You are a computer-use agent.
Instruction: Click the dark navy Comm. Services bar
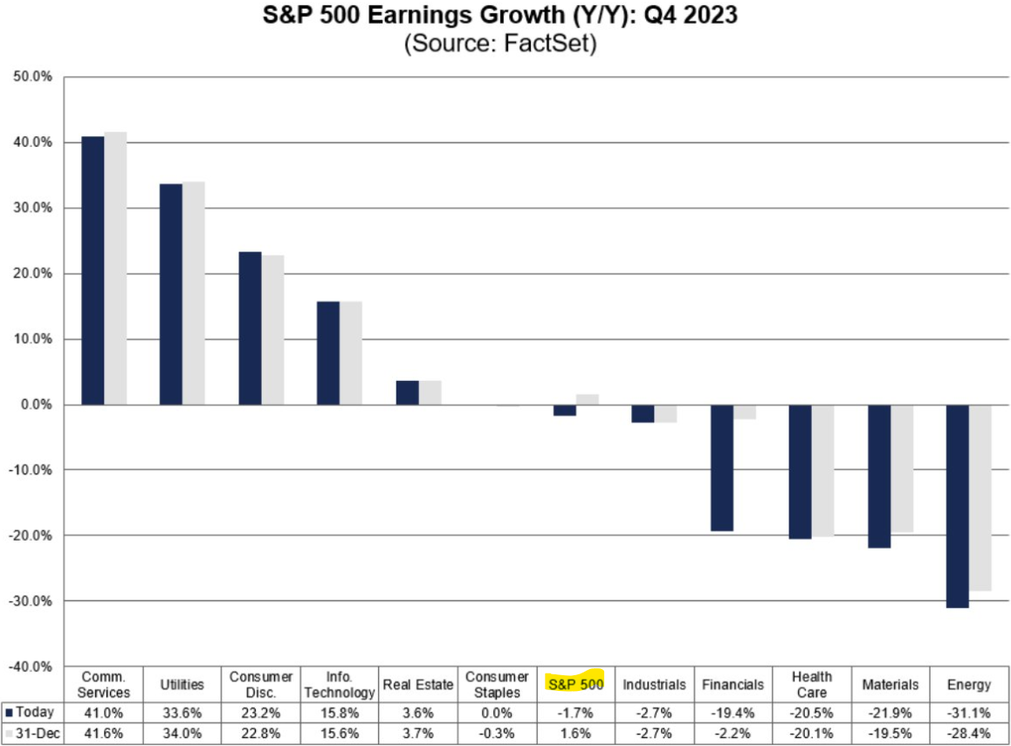(x=92, y=271)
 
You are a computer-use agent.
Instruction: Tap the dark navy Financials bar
(x=722, y=468)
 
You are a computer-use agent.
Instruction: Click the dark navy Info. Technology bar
(x=329, y=353)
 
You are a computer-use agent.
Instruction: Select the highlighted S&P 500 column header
(x=575, y=684)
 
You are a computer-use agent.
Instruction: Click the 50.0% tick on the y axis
(x=33, y=77)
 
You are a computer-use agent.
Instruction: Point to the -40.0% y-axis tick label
(x=31, y=667)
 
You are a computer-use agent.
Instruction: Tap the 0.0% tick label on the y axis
(x=35, y=404)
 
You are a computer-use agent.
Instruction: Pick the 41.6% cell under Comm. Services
(x=105, y=732)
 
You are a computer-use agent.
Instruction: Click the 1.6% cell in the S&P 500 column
(x=575, y=732)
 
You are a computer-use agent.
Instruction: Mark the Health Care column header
(x=811, y=684)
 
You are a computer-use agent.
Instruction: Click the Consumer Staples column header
(x=497, y=684)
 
